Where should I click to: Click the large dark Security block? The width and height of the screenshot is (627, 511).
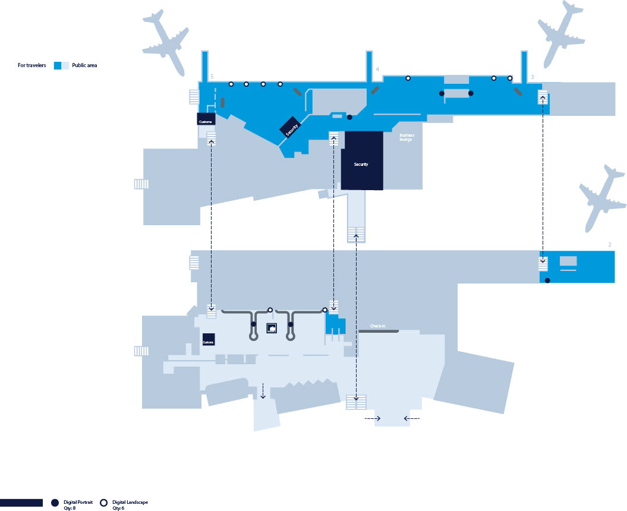click(361, 160)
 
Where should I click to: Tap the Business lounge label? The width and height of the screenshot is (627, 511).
click(407, 137)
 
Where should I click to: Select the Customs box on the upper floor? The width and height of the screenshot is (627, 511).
click(206, 119)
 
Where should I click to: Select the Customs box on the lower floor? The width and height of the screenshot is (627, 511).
click(208, 339)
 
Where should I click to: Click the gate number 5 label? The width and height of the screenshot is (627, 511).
click(212, 77)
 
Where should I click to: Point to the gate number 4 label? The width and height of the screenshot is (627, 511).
click(377, 70)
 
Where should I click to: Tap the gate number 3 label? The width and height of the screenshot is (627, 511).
click(532, 77)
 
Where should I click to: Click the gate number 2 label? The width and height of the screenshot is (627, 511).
click(610, 244)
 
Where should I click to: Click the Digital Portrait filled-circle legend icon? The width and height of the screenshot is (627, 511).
click(55, 503)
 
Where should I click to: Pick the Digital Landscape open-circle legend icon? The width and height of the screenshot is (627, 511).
click(104, 503)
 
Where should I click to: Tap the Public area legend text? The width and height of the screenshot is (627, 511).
click(84, 65)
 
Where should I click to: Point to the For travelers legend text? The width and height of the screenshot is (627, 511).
click(32, 65)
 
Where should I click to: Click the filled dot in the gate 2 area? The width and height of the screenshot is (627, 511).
click(547, 280)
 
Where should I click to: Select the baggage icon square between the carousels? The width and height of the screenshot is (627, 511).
click(272, 328)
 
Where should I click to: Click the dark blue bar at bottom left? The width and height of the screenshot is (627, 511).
click(21, 503)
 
